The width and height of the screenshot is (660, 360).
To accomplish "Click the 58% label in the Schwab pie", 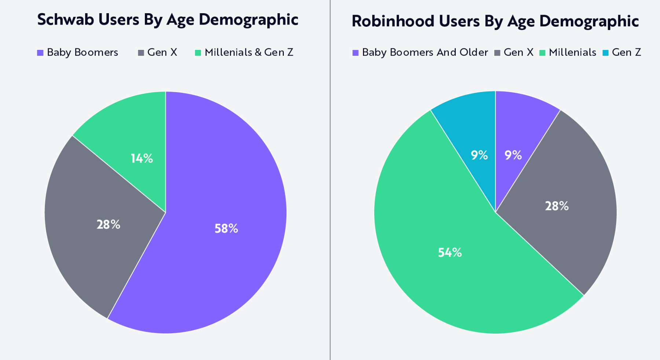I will tap(226, 228).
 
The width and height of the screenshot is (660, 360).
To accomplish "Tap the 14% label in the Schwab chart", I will tap(142, 158).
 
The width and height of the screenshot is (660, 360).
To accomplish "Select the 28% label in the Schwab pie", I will tap(108, 224).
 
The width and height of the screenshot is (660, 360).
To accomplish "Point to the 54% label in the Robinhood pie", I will tap(450, 252).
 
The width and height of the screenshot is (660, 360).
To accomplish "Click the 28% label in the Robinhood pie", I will tap(557, 206).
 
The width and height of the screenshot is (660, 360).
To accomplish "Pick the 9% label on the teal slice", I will tap(479, 155).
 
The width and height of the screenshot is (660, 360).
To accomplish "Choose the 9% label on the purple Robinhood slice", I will tap(513, 155).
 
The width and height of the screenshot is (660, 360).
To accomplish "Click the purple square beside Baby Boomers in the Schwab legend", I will tap(40, 53).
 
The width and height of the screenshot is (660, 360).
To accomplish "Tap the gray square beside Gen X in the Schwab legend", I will tap(141, 53).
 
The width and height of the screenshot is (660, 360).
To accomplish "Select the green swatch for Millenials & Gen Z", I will tap(198, 53).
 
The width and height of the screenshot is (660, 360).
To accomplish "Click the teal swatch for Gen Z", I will tap(605, 53).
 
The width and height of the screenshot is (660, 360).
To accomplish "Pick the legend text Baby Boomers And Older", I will tap(425, 52).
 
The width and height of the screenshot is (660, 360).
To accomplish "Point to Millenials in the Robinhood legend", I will tap(572, 52).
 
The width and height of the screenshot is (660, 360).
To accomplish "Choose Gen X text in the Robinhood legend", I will tap(518, 52).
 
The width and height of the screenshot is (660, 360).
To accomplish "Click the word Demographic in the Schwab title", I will tap(248, 20).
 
